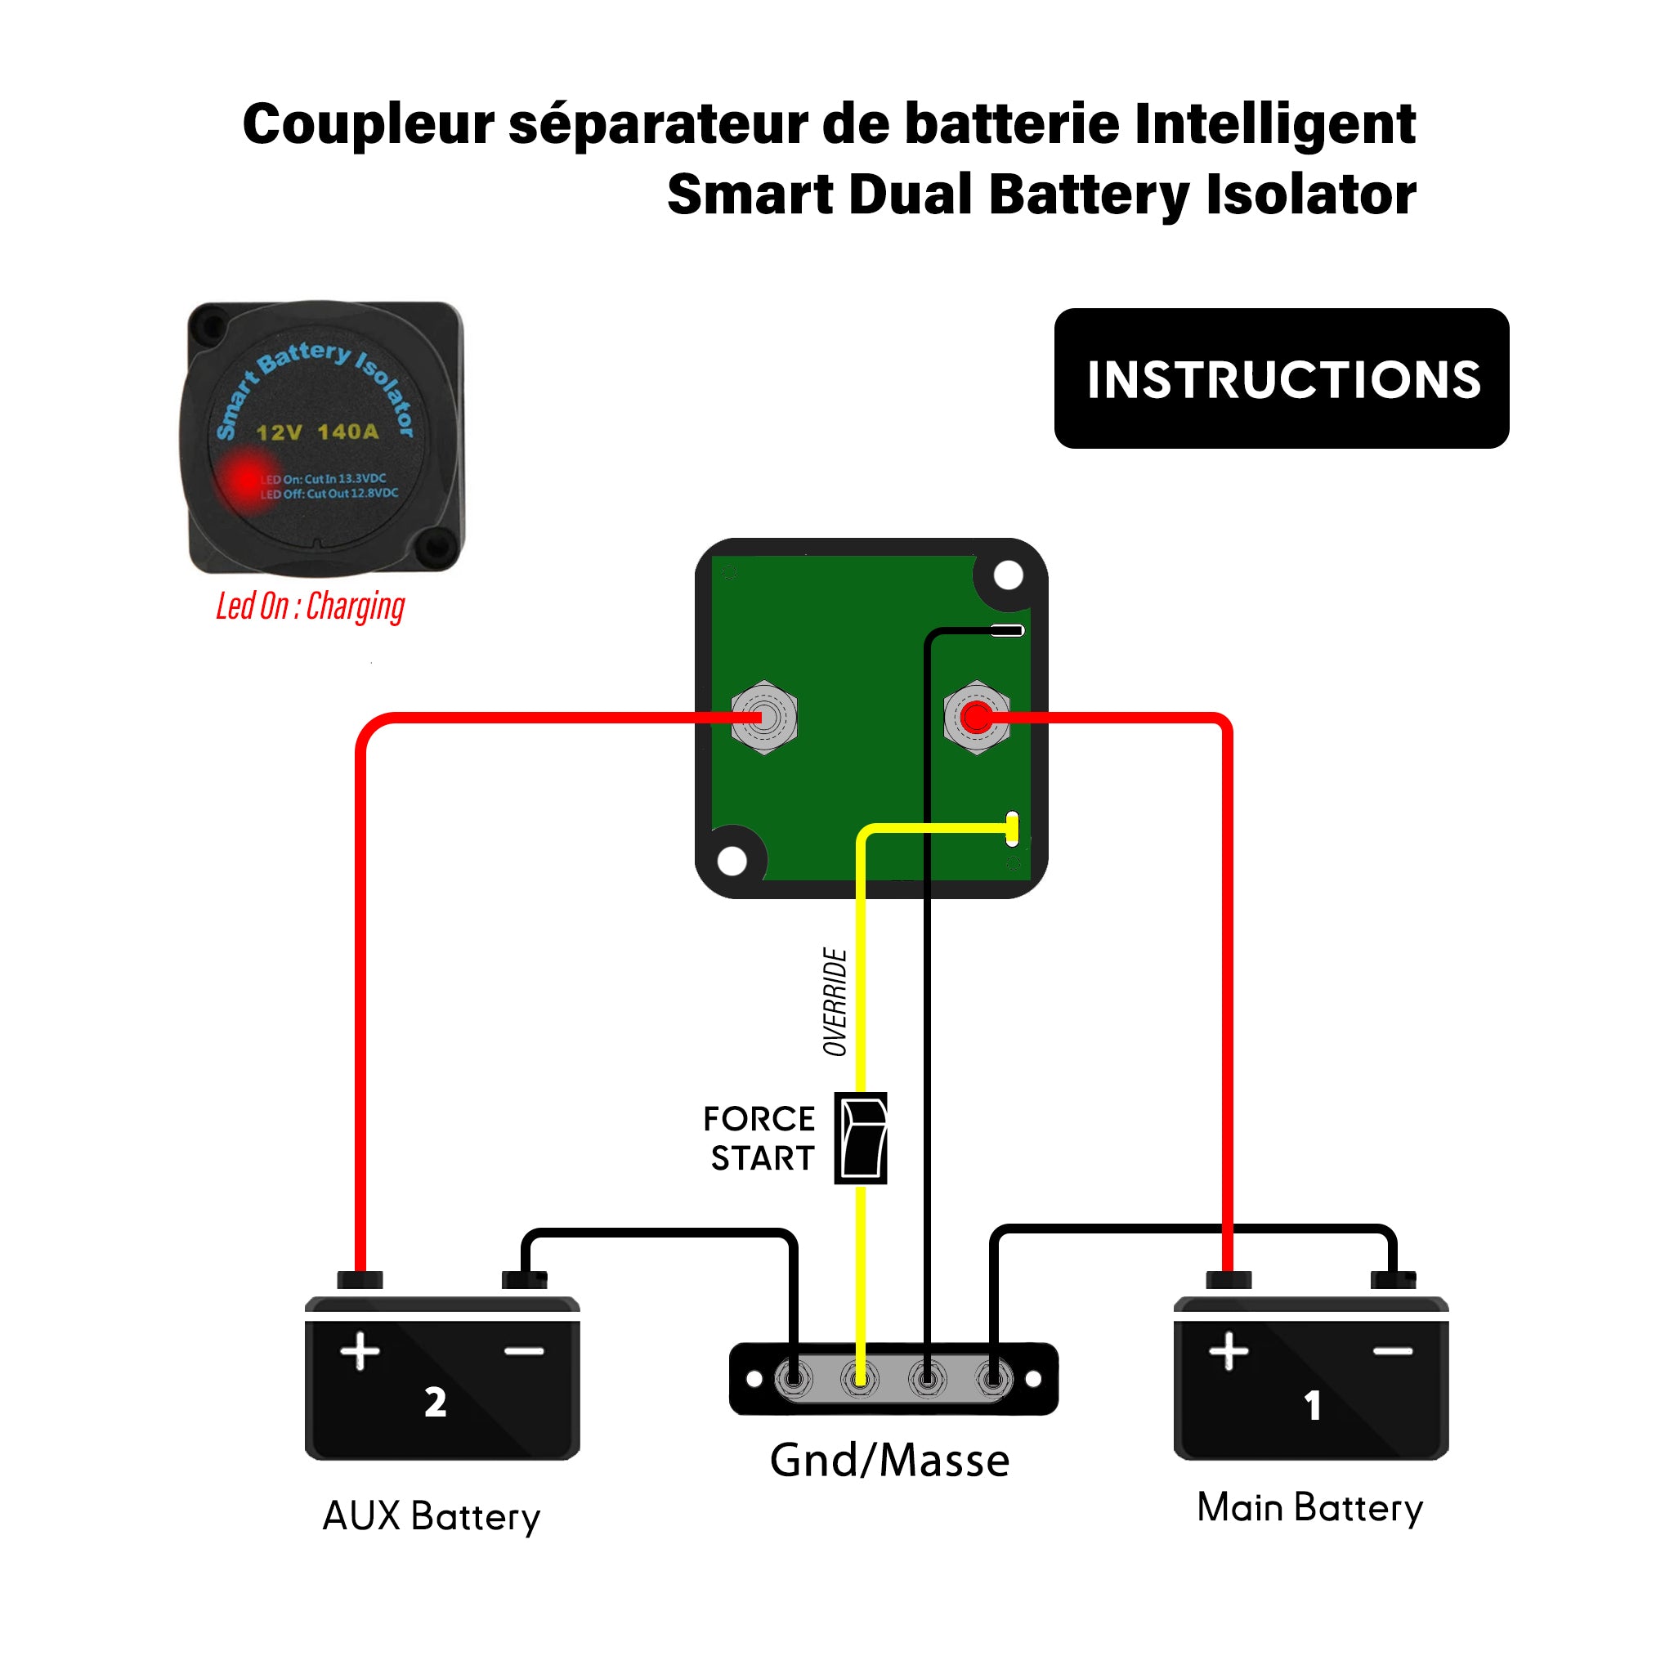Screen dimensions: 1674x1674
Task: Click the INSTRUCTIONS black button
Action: [x=1281, y=378]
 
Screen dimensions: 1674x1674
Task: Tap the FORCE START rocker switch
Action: [x=861, y=1138]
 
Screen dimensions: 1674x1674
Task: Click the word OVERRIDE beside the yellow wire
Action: [x=835, y=1001]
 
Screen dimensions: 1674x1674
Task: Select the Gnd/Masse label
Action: [x=889, y=1461]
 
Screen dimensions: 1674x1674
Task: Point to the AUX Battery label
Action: [x=431, y=1516]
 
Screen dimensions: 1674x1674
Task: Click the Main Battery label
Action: [x=1309, y=1507]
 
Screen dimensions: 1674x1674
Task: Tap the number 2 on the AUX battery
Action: [x=435, y=1402]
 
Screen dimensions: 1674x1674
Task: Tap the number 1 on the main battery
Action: [x=1313, y=1405]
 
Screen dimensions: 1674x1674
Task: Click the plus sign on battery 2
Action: [x=360, y=1352]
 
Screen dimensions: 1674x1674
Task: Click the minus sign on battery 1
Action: [x=1392, y=1352]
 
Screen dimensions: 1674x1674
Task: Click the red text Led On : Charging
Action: [x=310, y=606]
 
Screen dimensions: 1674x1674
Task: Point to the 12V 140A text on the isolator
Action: [x=317, y=432]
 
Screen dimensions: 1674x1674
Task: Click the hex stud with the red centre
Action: [x=977, y=718]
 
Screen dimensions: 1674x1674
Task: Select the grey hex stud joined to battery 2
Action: [x=763, y=718]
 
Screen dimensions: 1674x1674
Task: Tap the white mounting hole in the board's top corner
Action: [x=1008, y=575]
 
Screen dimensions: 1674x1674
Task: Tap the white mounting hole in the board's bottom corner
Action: [x=732, y=862]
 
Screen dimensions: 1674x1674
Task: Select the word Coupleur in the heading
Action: [x=369, y=124]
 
